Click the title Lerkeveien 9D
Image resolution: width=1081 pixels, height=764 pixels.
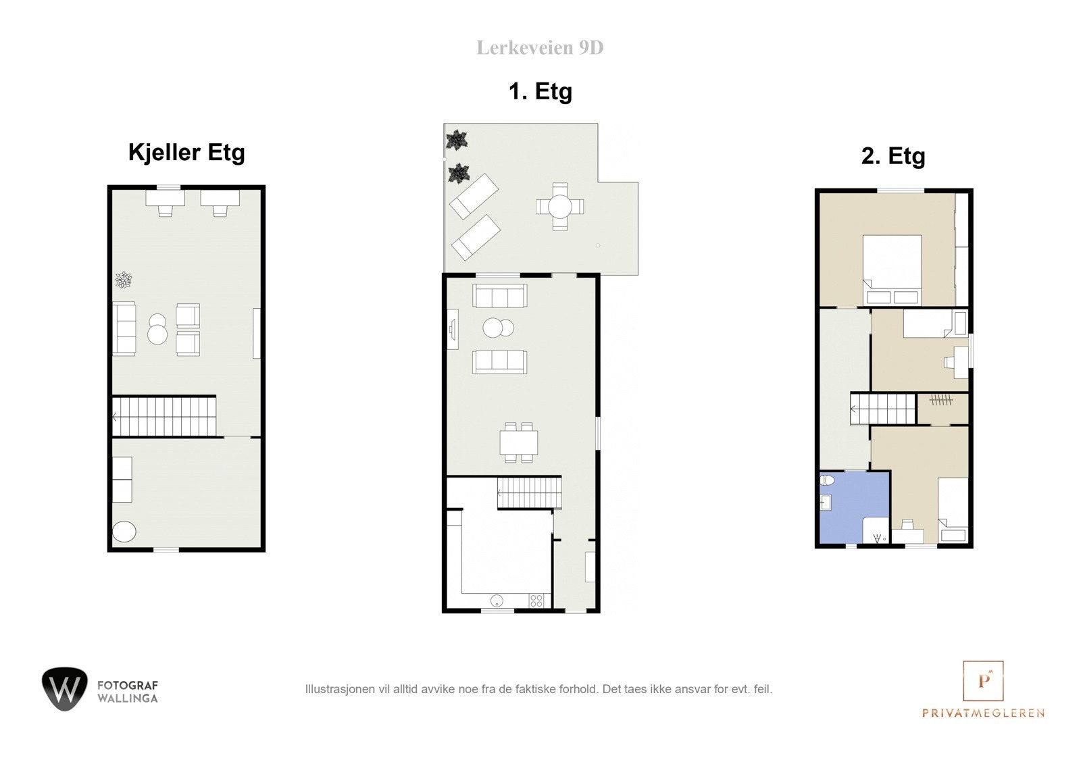540,48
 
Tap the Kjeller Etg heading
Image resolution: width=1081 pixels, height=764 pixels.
186,153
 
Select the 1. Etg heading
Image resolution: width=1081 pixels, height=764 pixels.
540,91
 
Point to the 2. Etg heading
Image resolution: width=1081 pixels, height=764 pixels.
893,156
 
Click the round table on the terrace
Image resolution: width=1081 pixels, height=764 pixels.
560,207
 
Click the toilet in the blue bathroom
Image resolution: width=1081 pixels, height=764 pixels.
827,480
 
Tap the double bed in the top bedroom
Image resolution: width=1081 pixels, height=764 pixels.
893,270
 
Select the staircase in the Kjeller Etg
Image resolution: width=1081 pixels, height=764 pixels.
164,417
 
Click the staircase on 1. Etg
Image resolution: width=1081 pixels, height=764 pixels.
530,492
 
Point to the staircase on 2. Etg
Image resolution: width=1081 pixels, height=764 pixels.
882,409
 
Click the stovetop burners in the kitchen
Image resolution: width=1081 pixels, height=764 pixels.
536,601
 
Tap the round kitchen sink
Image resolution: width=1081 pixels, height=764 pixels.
497,601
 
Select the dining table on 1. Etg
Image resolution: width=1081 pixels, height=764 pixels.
519,442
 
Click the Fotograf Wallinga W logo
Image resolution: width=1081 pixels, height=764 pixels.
65,689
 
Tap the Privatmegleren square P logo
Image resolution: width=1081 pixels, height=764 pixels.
983,681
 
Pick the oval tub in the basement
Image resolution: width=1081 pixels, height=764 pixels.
124,532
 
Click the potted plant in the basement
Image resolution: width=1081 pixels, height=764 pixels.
124,280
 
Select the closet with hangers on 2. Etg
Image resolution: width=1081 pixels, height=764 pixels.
942,409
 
